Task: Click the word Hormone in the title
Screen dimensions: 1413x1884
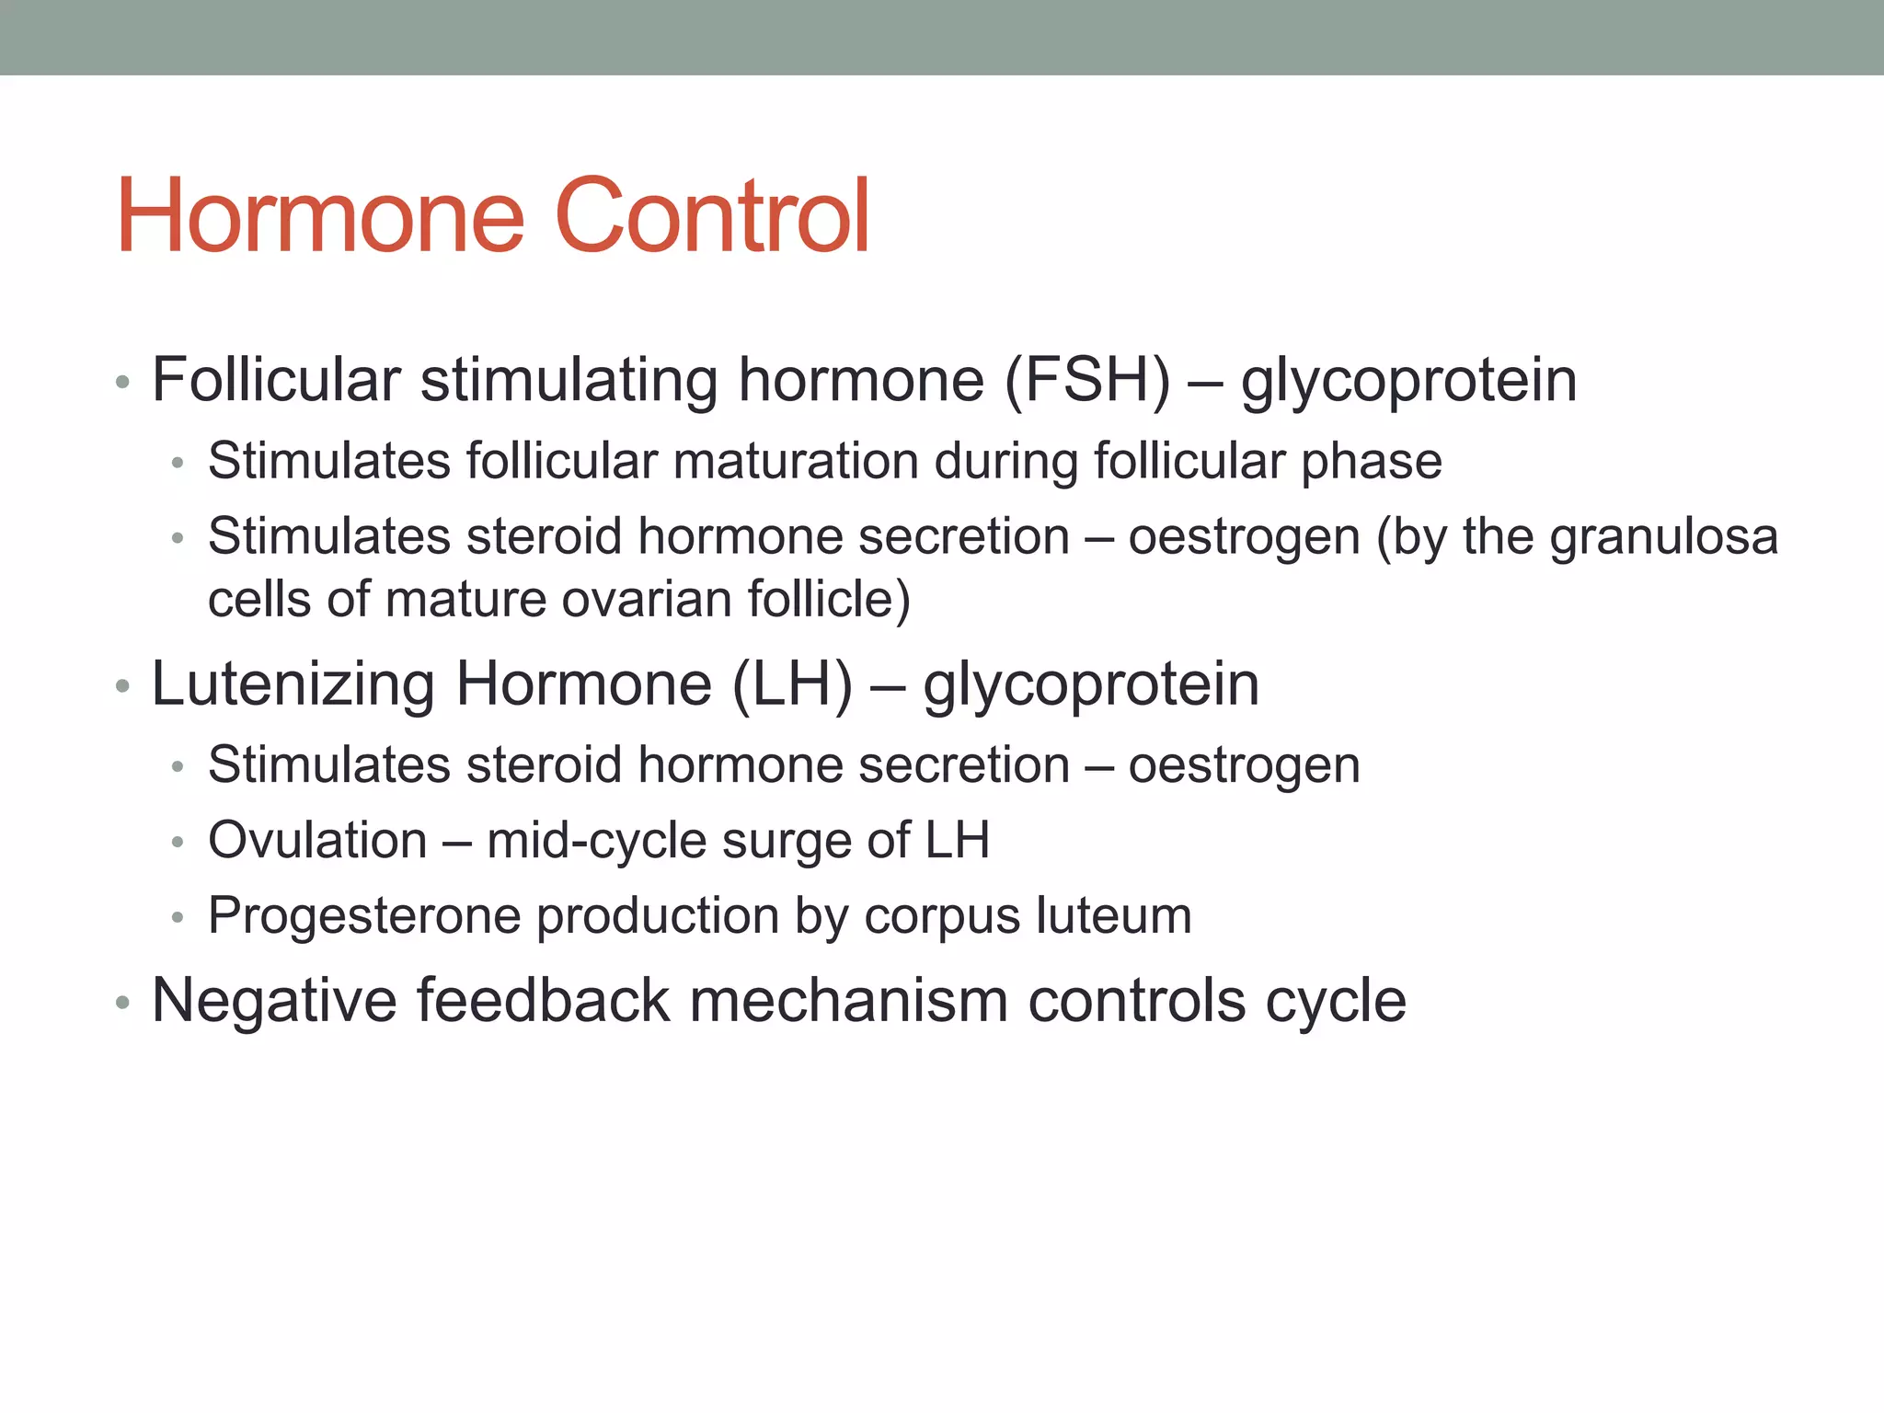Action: (320, 216)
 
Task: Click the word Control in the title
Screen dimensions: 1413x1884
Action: (712, 216)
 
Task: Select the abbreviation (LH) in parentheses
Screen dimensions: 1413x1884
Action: (793, 684)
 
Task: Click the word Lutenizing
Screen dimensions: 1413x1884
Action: (293, 684)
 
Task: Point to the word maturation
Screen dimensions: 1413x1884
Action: (796, 461)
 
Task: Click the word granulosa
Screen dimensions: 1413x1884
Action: (1663, 537)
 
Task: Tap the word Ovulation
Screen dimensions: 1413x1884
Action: (317, 841)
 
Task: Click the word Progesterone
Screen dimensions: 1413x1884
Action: (365, 916)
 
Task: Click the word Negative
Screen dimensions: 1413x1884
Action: (273, 1001)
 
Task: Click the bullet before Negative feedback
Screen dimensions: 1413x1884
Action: (123, 1004)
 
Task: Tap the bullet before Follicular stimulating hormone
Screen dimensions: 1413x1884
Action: (123, 383)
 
